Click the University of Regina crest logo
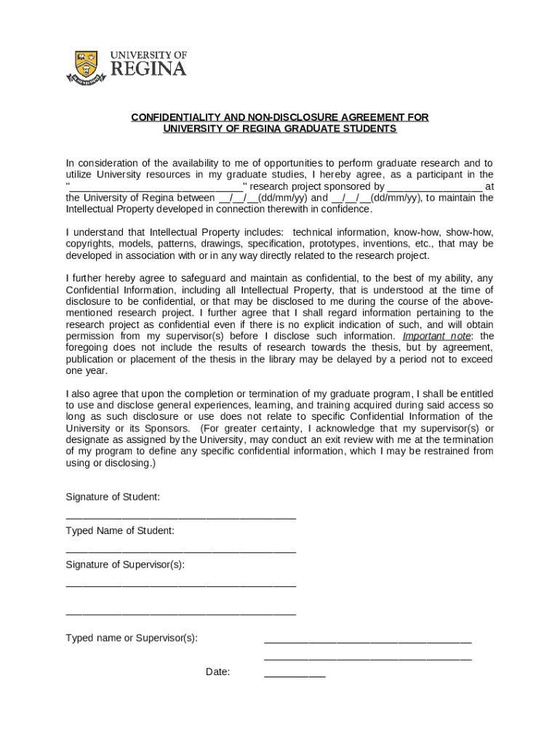tap(86, 67)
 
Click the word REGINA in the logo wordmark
tap(148, 70)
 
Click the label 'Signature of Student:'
tap(113, 497)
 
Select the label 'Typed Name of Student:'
tap(120, 531)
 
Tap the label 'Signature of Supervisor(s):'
tap(125, 565)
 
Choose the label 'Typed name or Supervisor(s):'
tap(132, 638)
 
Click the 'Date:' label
tap(217, 672)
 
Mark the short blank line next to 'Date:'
tap(295, 675)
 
